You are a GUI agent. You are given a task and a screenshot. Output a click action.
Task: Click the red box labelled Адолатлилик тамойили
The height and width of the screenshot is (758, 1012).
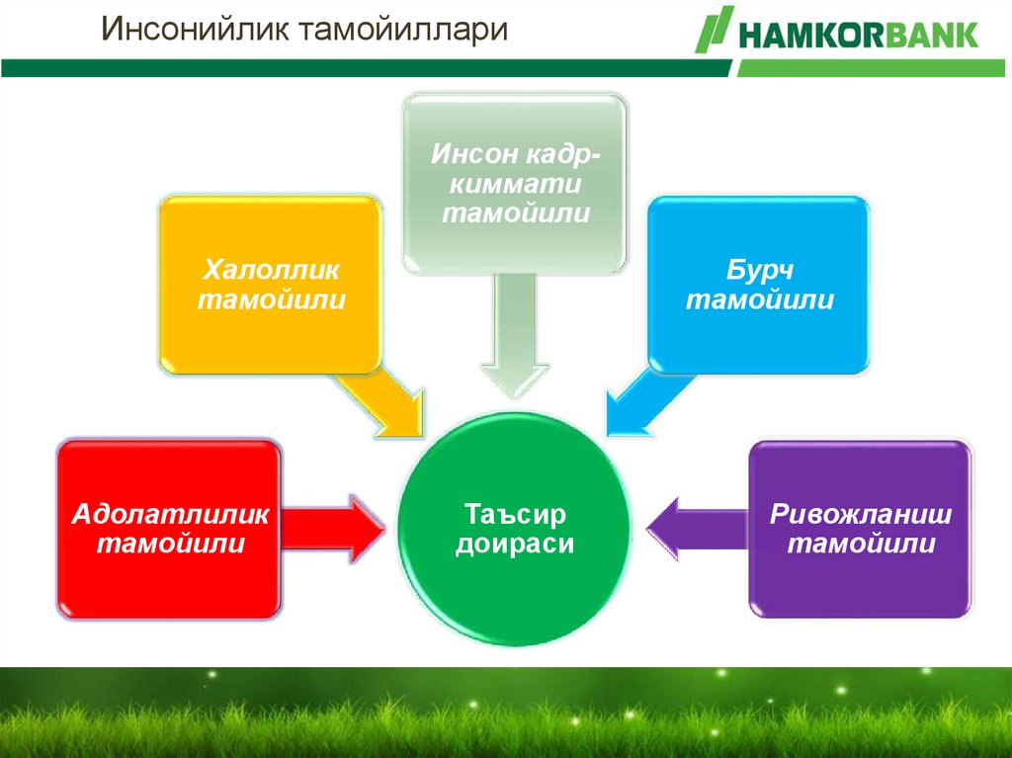169,529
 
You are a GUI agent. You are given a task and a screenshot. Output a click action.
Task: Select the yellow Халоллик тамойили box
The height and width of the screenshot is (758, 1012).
271,285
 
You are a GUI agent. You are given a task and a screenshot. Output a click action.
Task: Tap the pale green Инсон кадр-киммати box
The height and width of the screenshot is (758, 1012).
514,184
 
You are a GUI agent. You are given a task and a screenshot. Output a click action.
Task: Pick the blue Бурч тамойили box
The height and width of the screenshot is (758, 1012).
759,285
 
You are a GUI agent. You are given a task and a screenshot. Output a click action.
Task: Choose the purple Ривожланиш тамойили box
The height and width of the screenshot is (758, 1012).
861,529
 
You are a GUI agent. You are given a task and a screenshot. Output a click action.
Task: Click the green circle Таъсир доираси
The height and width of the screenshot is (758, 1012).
514,529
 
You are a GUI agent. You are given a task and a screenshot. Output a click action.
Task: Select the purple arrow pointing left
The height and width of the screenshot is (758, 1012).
697,529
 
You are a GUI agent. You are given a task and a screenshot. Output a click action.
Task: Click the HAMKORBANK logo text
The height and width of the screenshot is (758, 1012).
859,35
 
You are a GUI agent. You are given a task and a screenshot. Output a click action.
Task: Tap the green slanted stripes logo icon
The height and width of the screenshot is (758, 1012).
715,29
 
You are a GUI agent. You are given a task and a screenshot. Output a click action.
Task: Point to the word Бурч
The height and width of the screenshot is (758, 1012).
759,269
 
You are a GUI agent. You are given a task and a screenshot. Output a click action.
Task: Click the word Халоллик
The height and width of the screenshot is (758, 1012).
271,269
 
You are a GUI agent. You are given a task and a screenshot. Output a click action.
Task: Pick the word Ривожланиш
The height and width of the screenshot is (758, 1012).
861,514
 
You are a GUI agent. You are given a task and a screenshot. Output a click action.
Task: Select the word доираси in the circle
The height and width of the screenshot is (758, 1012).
514,544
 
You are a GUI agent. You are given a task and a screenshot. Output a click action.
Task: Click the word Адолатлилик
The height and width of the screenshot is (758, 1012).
170,514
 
